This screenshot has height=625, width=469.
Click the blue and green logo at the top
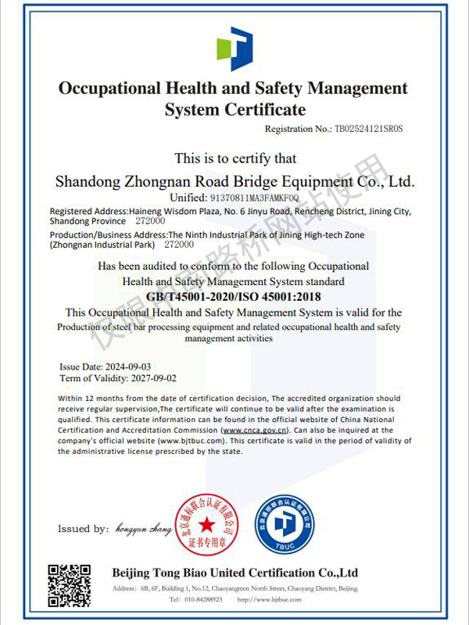pos(234,48)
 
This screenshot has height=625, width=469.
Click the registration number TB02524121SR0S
pos(372,128)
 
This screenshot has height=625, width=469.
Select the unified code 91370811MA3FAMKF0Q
pos(255,198)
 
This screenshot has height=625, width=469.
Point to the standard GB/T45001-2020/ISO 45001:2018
pos(234,297)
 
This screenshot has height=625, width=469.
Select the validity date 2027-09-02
pos(133,378)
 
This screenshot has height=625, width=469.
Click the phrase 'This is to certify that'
pos(234,159)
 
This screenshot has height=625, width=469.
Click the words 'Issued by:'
pos(83,529)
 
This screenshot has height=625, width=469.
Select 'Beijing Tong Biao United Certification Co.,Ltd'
pos(234,573)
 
